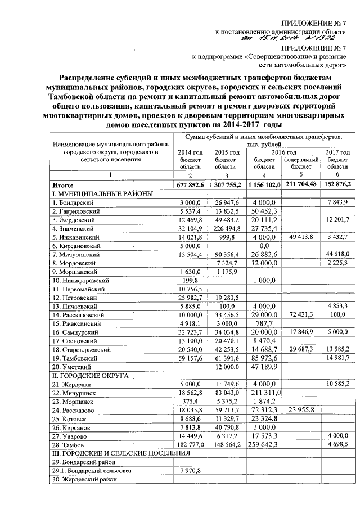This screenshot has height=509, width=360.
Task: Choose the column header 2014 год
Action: pos(190,152)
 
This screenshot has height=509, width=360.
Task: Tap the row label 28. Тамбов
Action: pos(68,445)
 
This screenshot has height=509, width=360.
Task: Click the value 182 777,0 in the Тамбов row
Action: pos(190,445)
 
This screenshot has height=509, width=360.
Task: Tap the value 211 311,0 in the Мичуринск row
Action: pos(263,393)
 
